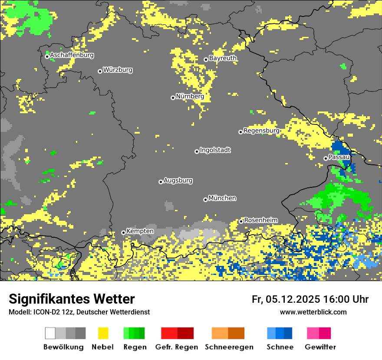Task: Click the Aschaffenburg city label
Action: [x=72, y=56]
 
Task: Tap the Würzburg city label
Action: [x=118, y=70]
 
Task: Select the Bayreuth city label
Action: [x=223, y=58]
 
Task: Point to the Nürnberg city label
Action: [x=190, y=96]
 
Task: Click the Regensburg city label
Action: [x=261, y=131]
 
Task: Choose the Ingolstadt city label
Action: [x=215, y=150]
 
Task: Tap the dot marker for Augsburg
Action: [x=161, y=182]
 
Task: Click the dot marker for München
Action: [x=205, y=200]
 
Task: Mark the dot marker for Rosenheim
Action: [x=241, y=222]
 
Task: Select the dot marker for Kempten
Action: [x=123, y=232]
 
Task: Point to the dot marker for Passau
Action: [x=326, y=158]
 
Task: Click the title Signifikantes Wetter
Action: [x=72, y=299]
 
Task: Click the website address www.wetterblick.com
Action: [x=313, y=312]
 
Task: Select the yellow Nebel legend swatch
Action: [x=103, y=333]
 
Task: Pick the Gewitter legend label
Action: [x=320, y=347]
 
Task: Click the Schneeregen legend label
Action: [x=229, y=347]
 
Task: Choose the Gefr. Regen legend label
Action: [x=176, y=347]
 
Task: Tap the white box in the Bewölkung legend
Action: [x=50, y=333]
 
